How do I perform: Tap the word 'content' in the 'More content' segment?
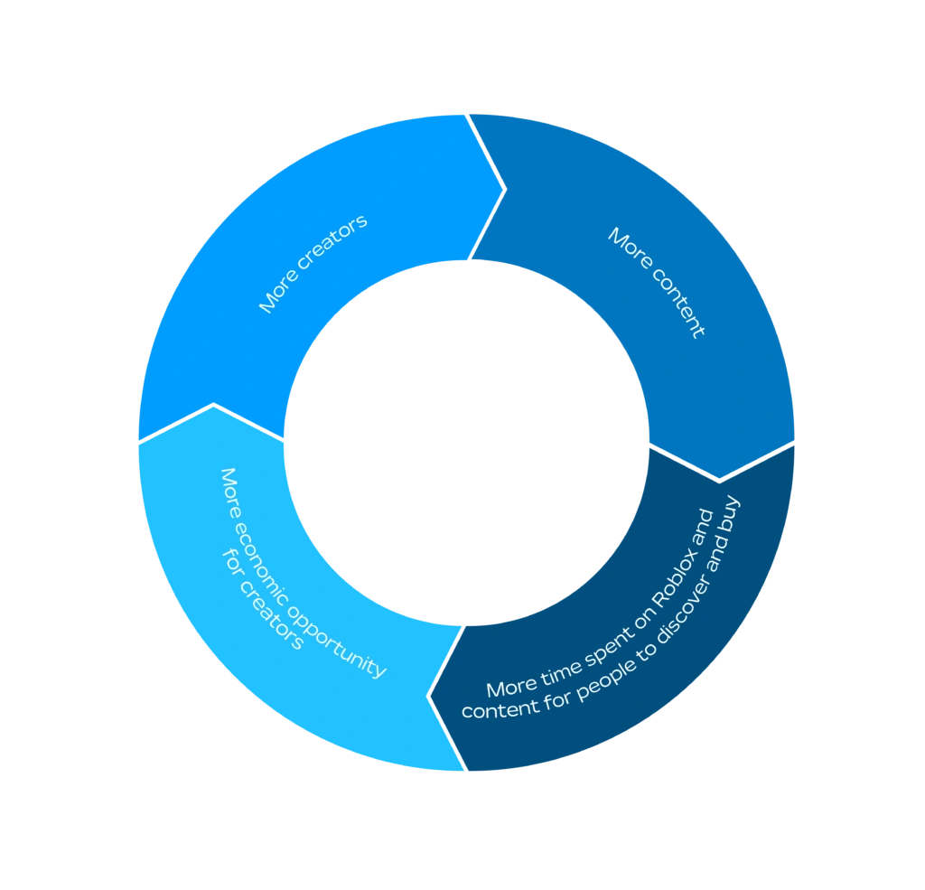pos(677,303)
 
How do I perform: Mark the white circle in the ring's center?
pos(467,443)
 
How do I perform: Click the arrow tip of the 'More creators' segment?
pos(505,190)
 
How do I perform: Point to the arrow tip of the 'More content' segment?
pos(720,480)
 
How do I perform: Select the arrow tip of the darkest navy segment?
pos(429,697)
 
